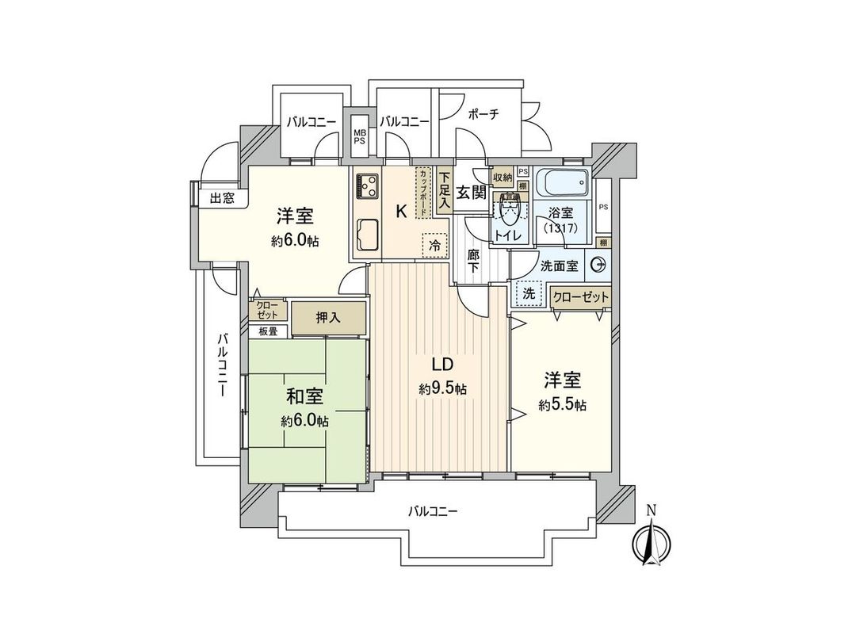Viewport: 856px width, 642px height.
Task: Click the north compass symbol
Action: tap(650, 541)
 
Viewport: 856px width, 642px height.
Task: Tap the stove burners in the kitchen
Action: tap(368, 186)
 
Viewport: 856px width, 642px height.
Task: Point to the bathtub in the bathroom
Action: tap(561, 185)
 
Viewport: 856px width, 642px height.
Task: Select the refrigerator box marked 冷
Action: tap(434, 246)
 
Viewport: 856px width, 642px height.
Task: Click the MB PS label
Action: tap(360, 136)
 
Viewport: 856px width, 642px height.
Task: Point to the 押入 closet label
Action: tap(329, 319)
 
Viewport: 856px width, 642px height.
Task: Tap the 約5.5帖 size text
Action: tap(562, 405)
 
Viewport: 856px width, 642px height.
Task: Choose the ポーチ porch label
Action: tap(483, 114)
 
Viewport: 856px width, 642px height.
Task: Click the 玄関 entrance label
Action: tap(472, 192)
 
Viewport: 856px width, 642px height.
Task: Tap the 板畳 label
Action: tap(267, 331)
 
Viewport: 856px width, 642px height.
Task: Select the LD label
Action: tap(441, 365)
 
